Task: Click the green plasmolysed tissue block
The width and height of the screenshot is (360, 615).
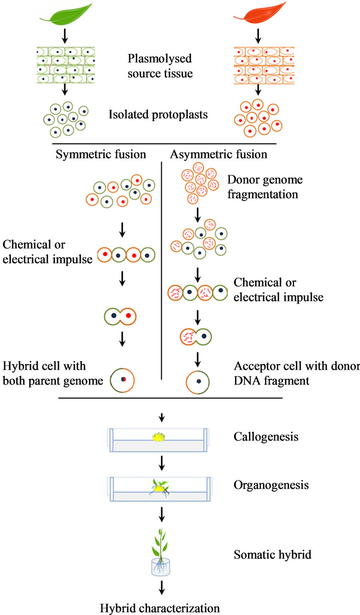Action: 64,65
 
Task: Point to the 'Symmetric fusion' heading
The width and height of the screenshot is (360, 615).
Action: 101,155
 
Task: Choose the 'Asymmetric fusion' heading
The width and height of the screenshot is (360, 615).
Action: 219,155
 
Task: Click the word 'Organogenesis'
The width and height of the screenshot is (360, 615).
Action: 264,485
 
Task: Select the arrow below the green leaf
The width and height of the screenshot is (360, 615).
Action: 64,35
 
